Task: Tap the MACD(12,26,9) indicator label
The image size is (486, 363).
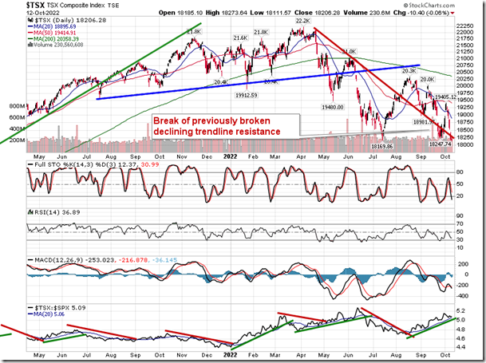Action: click(x=55, y=259)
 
